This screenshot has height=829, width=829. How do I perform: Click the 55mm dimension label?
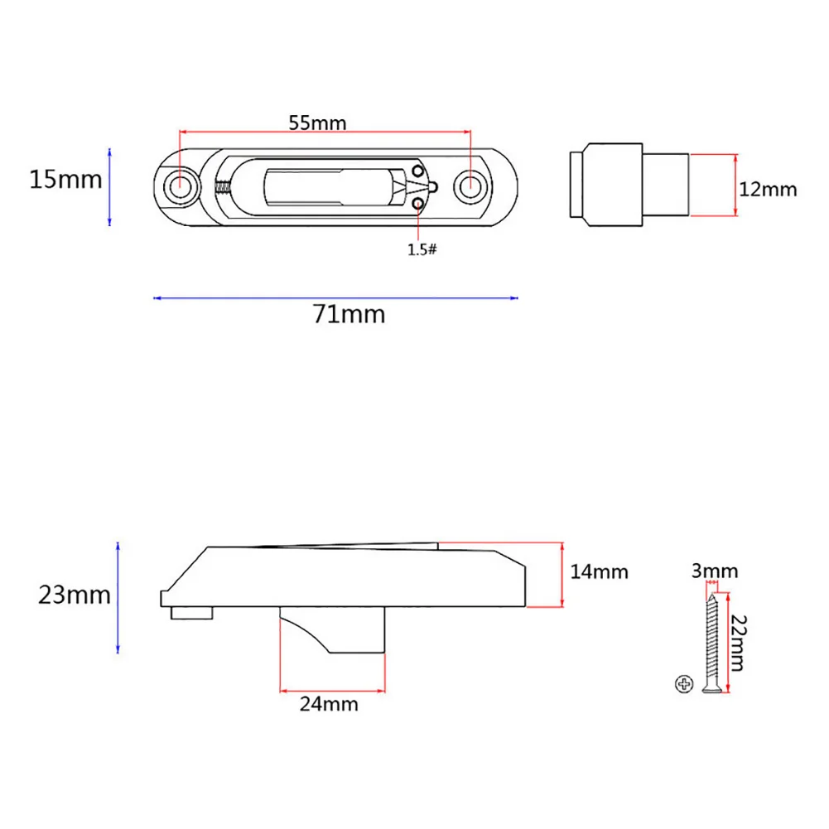point(317,123)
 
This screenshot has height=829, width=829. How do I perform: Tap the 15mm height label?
point(65,180)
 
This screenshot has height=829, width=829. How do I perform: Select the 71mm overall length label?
point(349,314)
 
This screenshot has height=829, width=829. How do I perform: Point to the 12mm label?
point(768,190)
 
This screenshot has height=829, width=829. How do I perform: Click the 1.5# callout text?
point(422,249)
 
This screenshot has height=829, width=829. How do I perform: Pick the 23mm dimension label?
point(75,595)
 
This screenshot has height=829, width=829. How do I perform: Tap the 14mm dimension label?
point(599,571)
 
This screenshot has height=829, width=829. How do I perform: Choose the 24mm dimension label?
point(329,704)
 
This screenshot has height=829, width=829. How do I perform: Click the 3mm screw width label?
point(714,571)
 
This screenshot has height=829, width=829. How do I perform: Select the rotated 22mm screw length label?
point(737,643)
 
